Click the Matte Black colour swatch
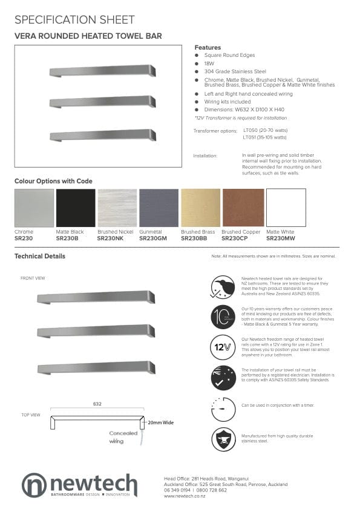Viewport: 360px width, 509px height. click(76, 208)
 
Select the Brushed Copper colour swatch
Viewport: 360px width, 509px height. click(243, 208)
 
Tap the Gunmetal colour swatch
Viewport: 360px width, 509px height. click(159, 208)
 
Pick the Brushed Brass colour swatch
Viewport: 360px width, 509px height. click(200, 208)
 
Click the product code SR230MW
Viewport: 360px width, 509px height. click(280, 238)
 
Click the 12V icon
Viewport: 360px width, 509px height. click(223, 347)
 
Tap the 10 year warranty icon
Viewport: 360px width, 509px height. click(223, 316)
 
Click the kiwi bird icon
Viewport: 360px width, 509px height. click(223, 286)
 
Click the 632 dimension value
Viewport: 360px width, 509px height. click(97, 403)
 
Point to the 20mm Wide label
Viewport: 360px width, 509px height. click(160, 422)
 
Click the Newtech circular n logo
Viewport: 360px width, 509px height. click(34, 485)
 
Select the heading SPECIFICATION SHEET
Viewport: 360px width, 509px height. click(74, 20)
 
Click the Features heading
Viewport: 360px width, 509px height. click(208, 47)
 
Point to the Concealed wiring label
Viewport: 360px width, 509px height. click(123, 437)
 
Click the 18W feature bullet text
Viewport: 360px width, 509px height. click(209, 63)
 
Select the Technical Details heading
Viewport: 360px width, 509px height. click(40, 256)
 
